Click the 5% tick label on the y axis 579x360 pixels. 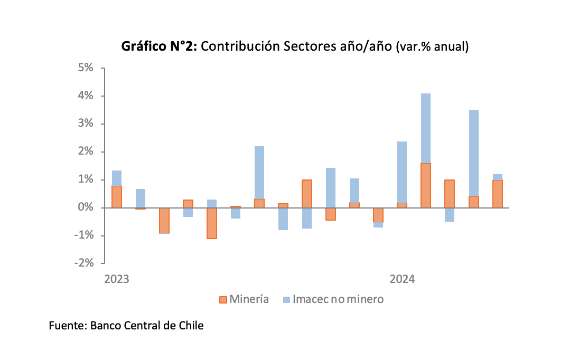coord(85,68)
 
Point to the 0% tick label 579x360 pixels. coord(85,207)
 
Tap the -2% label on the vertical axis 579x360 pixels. coord(83,263)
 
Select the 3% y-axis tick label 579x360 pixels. coord(85,124)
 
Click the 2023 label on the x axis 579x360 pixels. coord(117,279)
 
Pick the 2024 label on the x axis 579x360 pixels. coord(402,279)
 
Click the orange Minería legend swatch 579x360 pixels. coord(223,300)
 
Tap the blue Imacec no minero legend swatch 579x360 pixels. coord(286,300)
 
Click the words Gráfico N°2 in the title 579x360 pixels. coord(159,46)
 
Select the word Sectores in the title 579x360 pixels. coord(307,46)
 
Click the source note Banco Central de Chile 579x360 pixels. coord(147,326)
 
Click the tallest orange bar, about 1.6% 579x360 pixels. coord(426,185)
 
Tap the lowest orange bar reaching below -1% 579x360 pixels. coord(212,223)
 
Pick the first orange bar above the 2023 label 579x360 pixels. coord(117,197)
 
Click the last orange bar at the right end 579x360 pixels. coord(497,194)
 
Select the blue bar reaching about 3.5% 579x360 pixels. coord(473,153)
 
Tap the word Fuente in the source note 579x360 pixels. coord(67,326)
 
